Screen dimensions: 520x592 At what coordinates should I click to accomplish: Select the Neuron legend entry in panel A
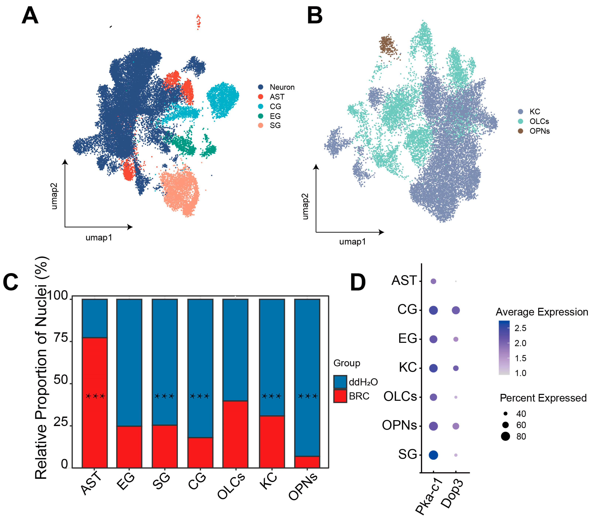[282, 87]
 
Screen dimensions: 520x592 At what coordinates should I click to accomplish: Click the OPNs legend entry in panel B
[539, 131]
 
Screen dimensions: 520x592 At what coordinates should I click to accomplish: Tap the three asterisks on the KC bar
[271, 396]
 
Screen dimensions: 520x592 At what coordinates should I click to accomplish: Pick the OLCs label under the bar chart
[232, 486]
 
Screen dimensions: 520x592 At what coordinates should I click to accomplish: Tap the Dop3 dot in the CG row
[456, 310]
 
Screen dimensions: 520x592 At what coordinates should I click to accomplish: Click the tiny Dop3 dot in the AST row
[456, 281]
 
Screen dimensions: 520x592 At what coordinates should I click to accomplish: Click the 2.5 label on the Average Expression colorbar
[520, 328]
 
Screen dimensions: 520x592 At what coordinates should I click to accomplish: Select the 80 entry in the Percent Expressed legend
[521, 436]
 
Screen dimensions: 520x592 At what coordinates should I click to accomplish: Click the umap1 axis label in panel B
[353, 242]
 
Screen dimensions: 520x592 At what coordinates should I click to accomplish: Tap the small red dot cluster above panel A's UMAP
[198, 22]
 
